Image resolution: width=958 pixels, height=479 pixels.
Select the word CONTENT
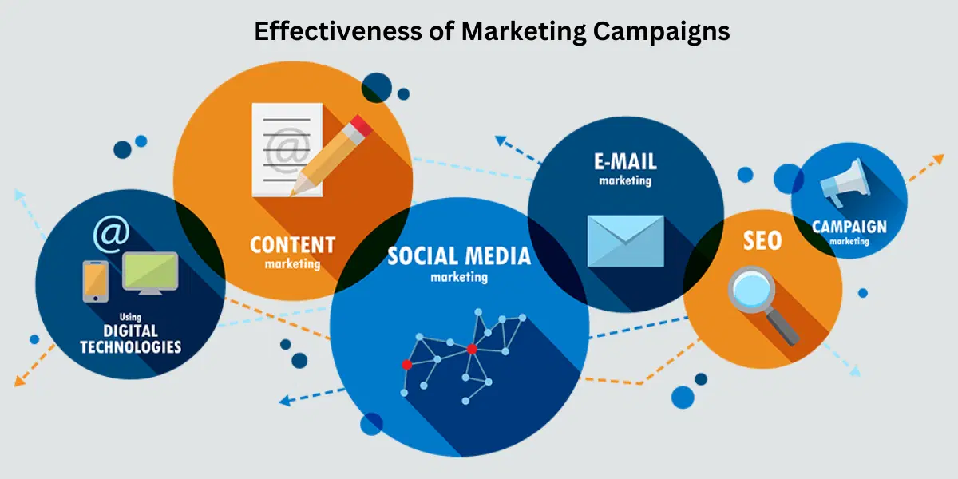tap(292, 244)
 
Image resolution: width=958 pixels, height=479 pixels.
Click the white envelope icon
tap(625, 240)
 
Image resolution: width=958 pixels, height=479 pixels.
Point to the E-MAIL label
tap(625, 162)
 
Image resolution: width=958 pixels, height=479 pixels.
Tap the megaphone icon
tap(842, 183)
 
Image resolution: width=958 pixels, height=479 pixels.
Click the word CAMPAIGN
tap(849, 227)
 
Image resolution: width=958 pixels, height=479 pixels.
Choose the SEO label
tap(762, 240)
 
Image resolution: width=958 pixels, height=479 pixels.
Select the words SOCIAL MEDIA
tap(459, 256)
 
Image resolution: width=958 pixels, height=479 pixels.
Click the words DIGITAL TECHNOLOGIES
tap(130, 339)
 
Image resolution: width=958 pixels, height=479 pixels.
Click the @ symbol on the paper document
tap(283, 148)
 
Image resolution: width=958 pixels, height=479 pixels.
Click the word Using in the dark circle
tap(130, 317)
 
